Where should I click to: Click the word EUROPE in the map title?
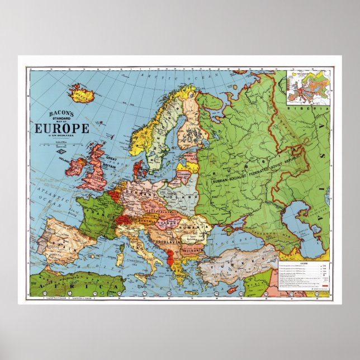[x=61, y=129]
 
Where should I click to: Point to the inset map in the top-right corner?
[x=307, y=87]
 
